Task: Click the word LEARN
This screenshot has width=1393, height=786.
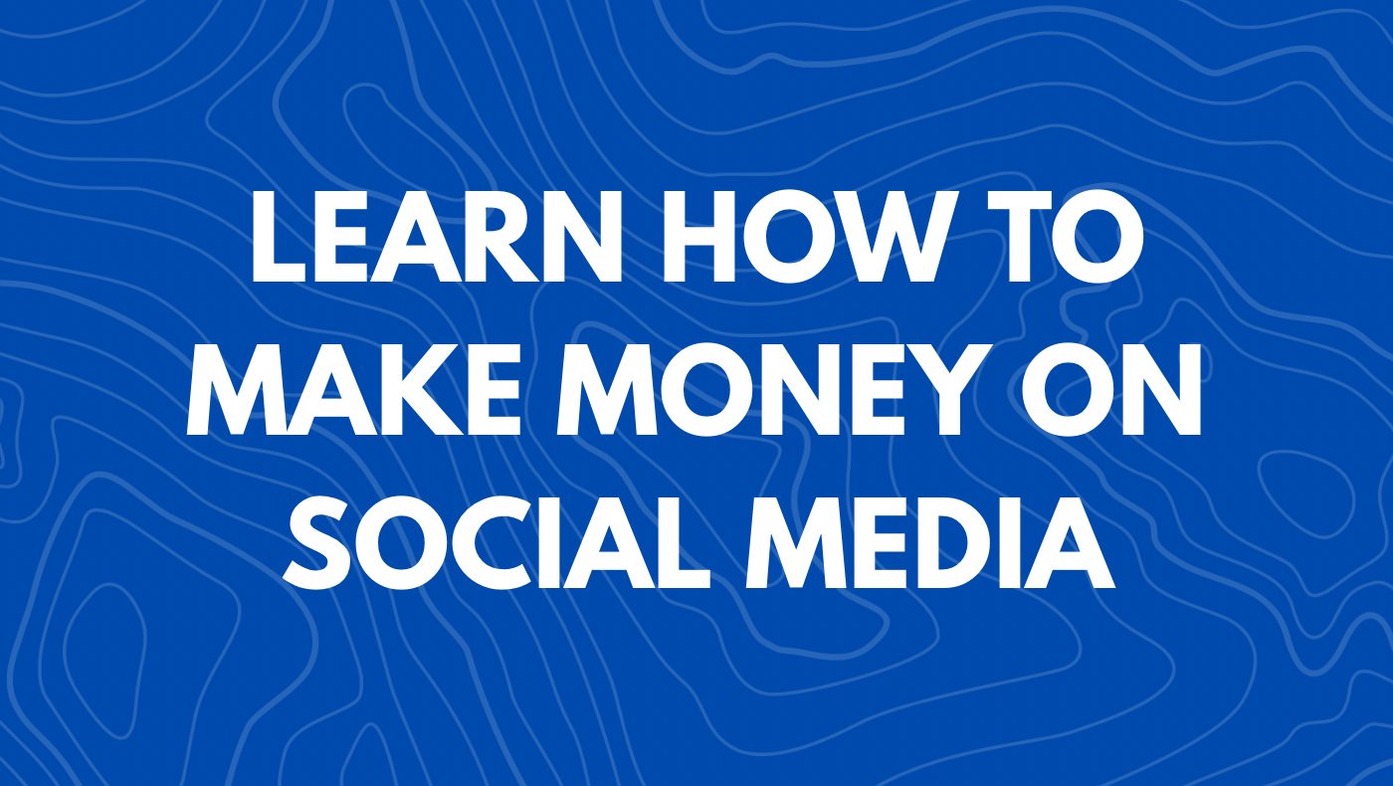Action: coord(436,237)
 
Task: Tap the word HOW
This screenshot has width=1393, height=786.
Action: coord(806,237)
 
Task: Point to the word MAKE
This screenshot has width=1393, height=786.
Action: coord(353,389)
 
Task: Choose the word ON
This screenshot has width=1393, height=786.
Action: coord(1111,389)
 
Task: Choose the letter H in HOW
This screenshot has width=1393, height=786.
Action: coord(700,237)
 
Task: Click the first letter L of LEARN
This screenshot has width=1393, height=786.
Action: coord(278,237)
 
